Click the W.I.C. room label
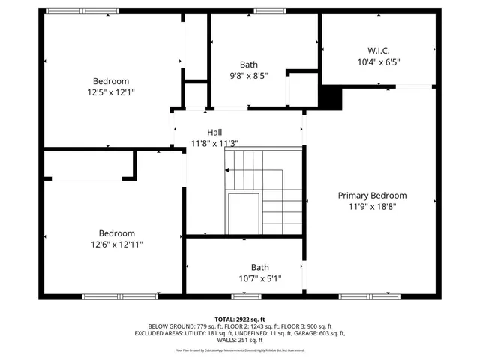pyautogui.click(x=379, y=51)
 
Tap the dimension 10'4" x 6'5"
pyautogui.click(x=379, y=62)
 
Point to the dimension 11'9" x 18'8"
pyautogui.click(x=372, y=205)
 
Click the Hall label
pyautogui.click(x=214, y=132)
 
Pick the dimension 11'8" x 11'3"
pyautogui.click(x=214, y=143)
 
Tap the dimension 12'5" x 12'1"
pyautogui.click(x=111, y=91)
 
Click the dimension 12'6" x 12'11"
pyautogui.click(x=117, y=244)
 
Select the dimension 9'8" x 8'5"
pyautogui.click(x=248, y=75)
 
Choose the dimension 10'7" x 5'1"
pyautogui.click(x=259, y=277)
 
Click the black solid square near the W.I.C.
pyautogui.click(x=330, y=97)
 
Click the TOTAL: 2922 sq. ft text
pyautogui.click(x=240, y=319)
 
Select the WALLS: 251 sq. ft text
pyautogui.click(x=240, y=340)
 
